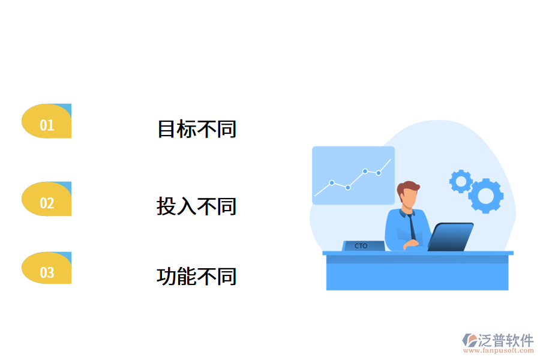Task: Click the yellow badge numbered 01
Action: click(47, 122)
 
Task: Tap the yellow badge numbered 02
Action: click(47, 200)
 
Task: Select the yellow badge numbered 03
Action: click(47, 269)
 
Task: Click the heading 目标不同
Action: click(197, 129)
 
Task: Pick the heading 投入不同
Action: click(197, 206)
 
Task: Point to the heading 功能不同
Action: click(197, 277)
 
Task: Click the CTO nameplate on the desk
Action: click(362, 246)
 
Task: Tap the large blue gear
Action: click(486, 196)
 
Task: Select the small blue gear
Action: click(461, 181)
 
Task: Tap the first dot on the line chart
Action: click(332, 182)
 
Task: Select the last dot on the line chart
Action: click(379, 173)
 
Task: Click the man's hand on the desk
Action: click(411, 244)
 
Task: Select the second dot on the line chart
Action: click(347, 187)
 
